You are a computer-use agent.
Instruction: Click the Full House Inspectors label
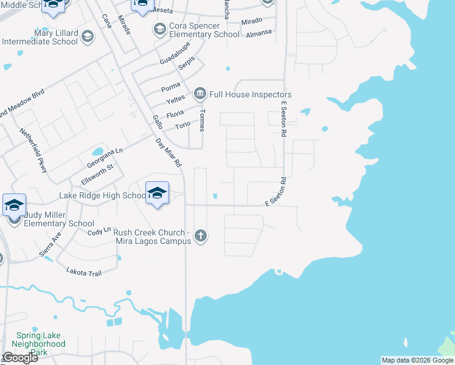pos(250,94)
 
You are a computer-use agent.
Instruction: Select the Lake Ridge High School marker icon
pos(158,193)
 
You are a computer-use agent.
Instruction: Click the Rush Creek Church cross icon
pos(201,236)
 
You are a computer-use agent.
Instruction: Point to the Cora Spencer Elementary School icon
pos(160,29)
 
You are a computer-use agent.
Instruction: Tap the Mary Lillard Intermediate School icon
pos(88,37)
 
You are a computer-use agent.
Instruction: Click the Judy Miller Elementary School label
pos(59,219)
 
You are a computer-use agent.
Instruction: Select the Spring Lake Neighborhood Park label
pos(41,344)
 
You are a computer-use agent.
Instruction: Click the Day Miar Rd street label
pos(168,153)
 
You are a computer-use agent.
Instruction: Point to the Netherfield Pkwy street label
pos(33,150)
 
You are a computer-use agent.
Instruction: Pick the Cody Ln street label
pos(99,232)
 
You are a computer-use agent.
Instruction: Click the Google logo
pos(19,358)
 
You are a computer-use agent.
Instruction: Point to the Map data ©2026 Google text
pos(417,360)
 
